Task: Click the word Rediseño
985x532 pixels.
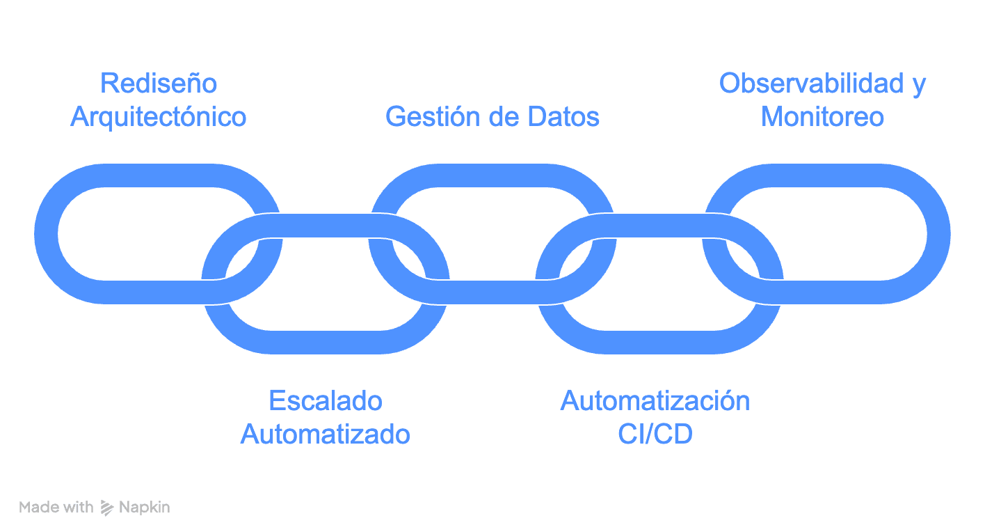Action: point(159,84)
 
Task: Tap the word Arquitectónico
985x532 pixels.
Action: point(159,117)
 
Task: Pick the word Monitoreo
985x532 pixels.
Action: point(822,117)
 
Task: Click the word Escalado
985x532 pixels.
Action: point(326,401)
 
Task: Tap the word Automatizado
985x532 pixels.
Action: point(326,435)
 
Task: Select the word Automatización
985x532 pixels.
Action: point(655,401)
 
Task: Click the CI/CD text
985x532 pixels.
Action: point(655,435)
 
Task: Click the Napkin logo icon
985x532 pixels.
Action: point(107,508)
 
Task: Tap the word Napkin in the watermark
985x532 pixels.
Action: point(145,508)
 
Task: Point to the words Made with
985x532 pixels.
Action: point(56,508)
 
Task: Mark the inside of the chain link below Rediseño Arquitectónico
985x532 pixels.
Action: point(139,233)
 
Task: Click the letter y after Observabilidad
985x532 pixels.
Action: point(918,85)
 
